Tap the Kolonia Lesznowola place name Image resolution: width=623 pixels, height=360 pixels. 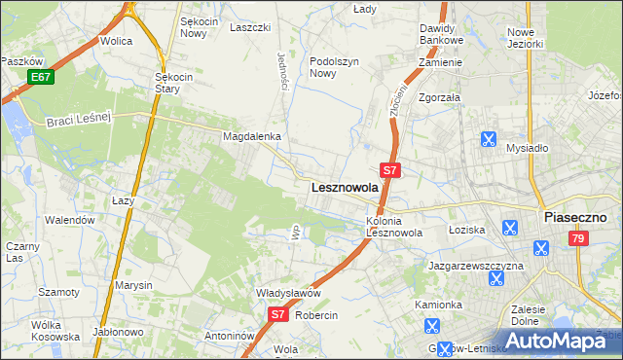point(393,227)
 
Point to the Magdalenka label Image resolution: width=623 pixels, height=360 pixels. point(252,137)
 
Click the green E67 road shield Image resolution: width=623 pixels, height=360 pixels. point(40,77)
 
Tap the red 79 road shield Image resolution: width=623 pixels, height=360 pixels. point(579,238)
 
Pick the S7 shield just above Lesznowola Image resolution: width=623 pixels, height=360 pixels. point(389,169)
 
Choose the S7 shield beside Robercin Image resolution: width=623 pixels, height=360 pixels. point(277,314)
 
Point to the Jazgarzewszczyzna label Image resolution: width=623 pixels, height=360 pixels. point(476,265)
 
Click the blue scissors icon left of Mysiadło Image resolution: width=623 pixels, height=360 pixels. point(488,139)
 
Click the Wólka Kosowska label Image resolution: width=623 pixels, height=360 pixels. point(55,331)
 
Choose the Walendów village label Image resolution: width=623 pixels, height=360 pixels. point(71,220)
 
